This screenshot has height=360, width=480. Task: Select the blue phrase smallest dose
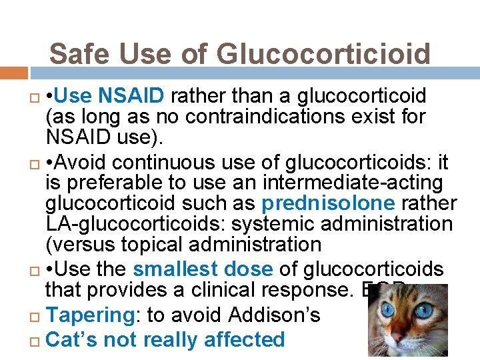coord(203,269)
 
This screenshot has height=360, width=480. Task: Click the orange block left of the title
coord(14,73)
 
